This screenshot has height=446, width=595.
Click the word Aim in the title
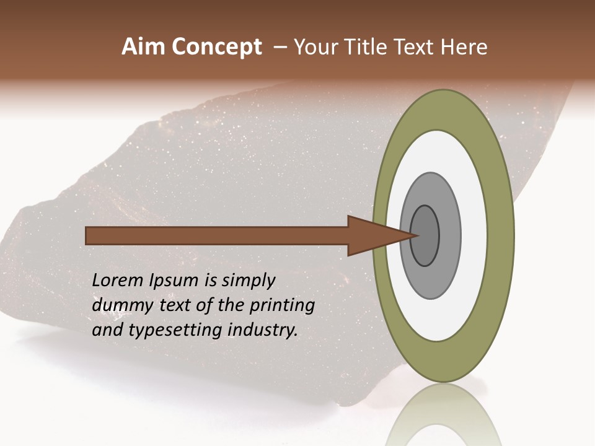pos(143,47)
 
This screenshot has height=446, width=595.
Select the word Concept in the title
pos(216,47)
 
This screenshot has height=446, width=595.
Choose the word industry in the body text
pos(263,330)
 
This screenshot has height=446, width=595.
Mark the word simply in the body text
pos(248,281)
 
